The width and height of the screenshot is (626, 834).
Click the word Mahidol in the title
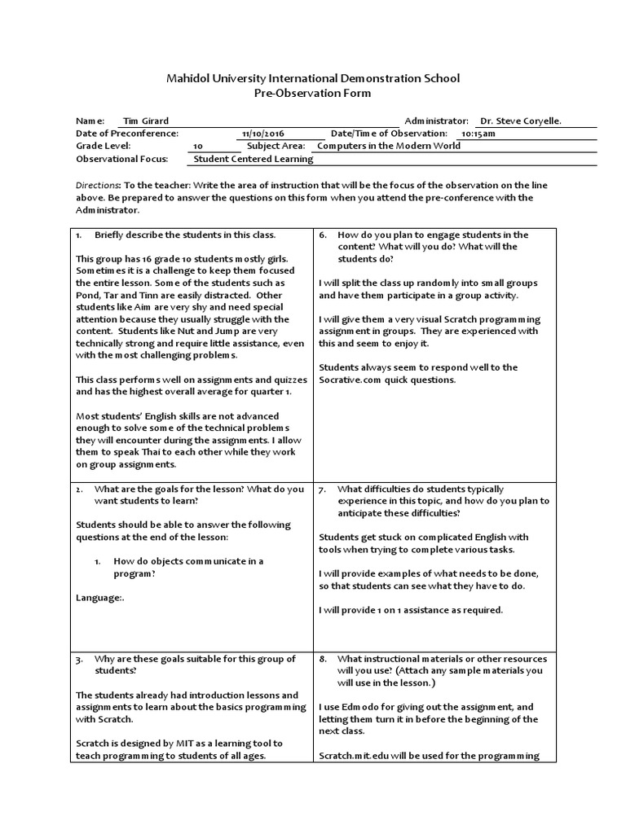(187, 78)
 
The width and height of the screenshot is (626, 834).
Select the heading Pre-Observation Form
(313, 93)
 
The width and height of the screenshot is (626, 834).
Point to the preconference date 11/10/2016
(263, 134)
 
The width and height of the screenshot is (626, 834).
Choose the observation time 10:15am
(478, 134)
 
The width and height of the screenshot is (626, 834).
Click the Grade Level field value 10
(198, 147)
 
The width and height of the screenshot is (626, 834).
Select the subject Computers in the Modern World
(388, 146)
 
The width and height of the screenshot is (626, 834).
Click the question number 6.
(323, 235)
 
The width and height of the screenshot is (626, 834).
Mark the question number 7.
(323, 489)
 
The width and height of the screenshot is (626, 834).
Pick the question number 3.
(80, 658)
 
